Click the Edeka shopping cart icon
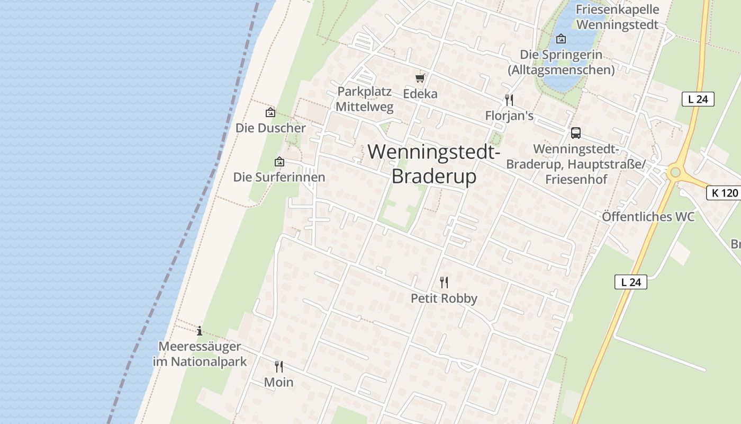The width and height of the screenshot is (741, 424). coord(420,78)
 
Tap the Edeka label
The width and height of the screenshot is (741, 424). coord(420,94)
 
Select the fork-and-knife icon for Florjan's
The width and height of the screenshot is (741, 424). coord(509,100)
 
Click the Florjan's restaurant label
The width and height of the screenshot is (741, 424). coord(509,116)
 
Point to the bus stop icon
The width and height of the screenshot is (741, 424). coord(575,133)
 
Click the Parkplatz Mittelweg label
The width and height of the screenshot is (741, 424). coord(365,99)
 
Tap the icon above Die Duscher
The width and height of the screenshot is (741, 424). coord(270,112)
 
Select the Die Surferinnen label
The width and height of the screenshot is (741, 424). coord(279,177)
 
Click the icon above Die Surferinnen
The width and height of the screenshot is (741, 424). coord(279,162)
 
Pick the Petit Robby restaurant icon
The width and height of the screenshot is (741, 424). coord(444,282)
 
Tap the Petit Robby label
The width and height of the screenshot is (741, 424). coord(444,298)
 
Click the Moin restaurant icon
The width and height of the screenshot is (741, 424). coord(278,366)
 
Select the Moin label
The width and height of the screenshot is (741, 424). coord(278,382)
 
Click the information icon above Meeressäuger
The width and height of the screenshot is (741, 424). coord(200,331)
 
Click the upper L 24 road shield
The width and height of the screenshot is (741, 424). coord(698,99)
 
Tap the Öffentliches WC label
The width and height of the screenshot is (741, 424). coord(648,217)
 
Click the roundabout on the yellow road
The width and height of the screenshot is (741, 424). coord(674,172)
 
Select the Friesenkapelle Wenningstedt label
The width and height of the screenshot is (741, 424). coord(617,17)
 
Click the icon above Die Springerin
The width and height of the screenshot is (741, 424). coord(561,39)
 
